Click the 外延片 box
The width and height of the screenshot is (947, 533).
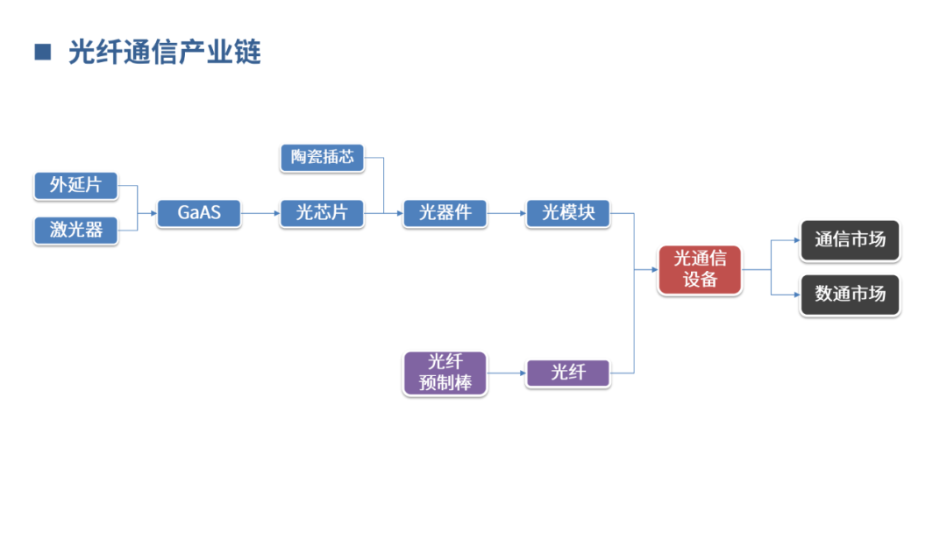coord(75,185)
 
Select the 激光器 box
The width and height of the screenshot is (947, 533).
coord(75,230)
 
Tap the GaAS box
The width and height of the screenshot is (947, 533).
coord(199,213)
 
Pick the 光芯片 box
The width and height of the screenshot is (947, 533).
coord(322,213)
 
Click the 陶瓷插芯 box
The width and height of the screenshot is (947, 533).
coord(322,157)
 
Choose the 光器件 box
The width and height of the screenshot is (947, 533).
coord(445,213)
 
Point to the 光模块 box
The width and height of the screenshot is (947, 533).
coord(567,213)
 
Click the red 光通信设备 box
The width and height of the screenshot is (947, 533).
coord(700,269)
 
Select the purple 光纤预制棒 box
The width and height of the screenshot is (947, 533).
coord(445,373)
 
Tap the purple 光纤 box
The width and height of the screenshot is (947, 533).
coord(567,373)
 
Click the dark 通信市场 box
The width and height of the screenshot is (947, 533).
coord(850,239)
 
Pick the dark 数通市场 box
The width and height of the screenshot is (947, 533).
coord(850,294)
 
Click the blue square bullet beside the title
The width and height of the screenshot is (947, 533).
coord(43,52)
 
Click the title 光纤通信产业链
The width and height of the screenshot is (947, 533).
coord(165,52)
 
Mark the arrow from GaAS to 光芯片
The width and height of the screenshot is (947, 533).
coord(260,213)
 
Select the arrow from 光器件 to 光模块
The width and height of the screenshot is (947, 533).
coord(506,213)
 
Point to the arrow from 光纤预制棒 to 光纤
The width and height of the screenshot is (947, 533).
coord(506,373)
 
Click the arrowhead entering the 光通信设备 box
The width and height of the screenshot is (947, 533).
coord(653,269)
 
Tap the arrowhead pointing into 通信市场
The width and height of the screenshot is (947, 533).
coord(795,239)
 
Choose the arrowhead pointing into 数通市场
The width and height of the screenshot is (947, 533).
coord(795,294)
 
